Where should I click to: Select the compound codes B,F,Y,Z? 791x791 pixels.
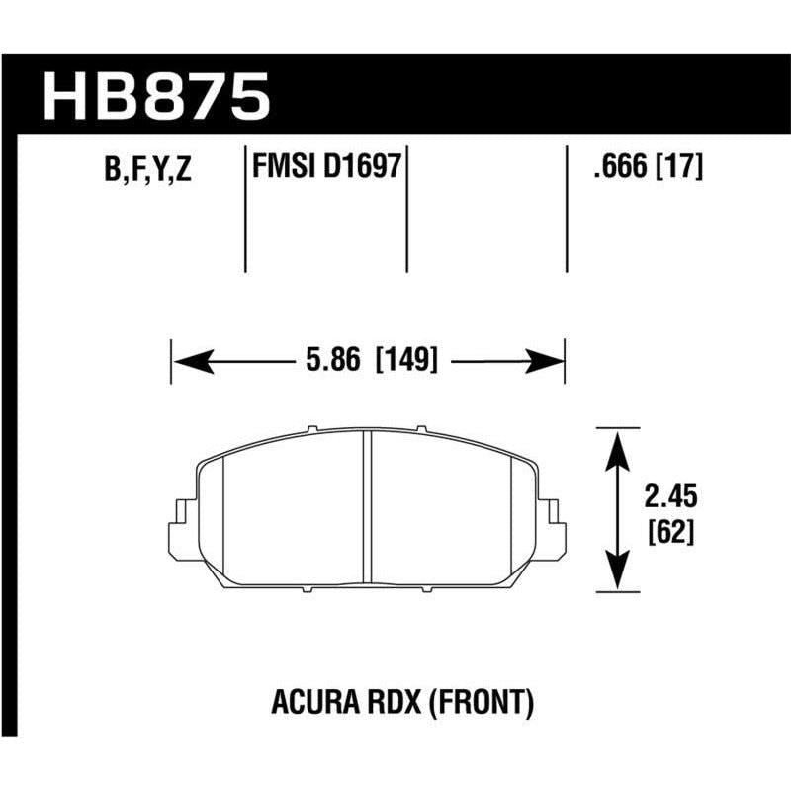[146, 171]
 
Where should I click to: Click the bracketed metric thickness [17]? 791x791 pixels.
[679, 168]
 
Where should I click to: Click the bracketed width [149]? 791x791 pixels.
[404, 361]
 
